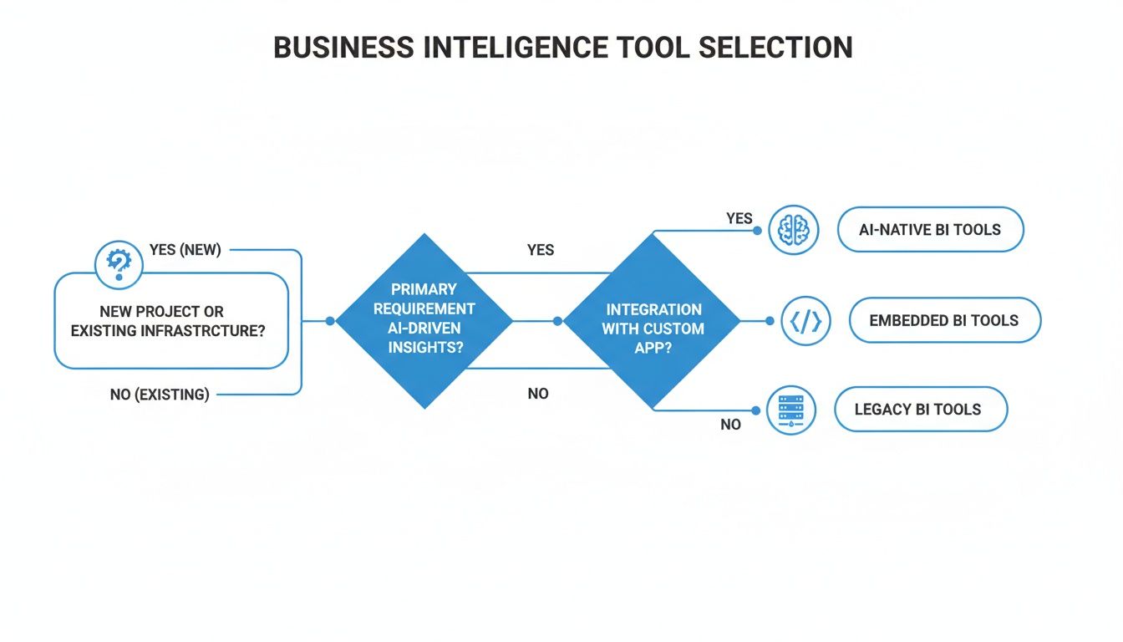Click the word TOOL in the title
tap(649, 48)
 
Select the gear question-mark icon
tap(119, 265)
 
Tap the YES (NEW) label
tap(185, 250)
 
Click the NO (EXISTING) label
tap(160, 394)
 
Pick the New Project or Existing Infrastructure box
tap(170, 322)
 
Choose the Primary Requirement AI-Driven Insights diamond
tap(424, 320)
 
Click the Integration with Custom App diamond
tap(653, 320)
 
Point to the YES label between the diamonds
tap(541, 250)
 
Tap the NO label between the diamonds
tap(538, 394)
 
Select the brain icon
tap(794, 230)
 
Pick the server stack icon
tap(790, 410)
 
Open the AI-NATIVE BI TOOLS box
tap(929, 230)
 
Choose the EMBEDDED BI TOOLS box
tap(943, 321)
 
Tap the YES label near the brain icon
tap(739, 219)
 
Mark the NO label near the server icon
tap(730, 425)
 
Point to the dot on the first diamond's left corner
tap(330, 321)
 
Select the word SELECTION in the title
tap(775, 48)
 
